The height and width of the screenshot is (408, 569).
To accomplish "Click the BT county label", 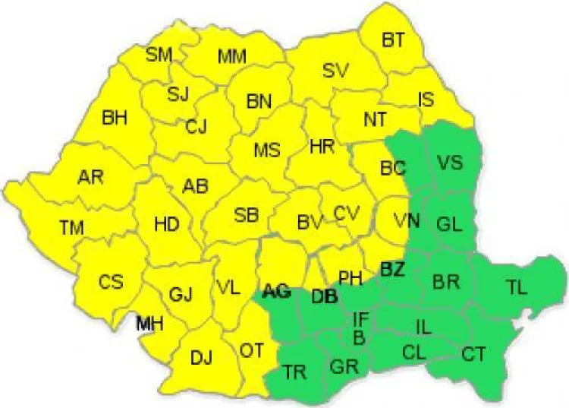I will [393, 41].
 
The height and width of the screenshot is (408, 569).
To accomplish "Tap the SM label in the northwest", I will [159, 54].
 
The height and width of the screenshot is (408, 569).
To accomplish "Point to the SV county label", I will [335, 71].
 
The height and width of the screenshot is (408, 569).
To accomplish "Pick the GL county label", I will [449, 223].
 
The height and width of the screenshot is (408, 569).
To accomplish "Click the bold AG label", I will [276, 291].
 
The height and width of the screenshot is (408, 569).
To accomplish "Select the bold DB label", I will [324, 297].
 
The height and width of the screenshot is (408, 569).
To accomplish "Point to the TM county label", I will [71, 226].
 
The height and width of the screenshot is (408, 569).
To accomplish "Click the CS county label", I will [111, 282].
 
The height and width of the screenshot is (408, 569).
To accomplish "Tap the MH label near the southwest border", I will [149, 324].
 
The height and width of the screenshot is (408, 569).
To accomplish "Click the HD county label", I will [166, 224].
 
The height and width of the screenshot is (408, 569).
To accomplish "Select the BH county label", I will [115, 118].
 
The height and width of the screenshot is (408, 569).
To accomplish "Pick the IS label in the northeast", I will [426, 99].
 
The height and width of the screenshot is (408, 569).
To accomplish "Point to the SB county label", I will [246, 215].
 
